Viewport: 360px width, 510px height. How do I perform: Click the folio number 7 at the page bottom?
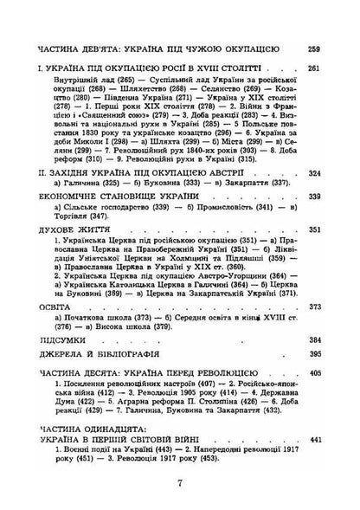[x=179, y=484]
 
